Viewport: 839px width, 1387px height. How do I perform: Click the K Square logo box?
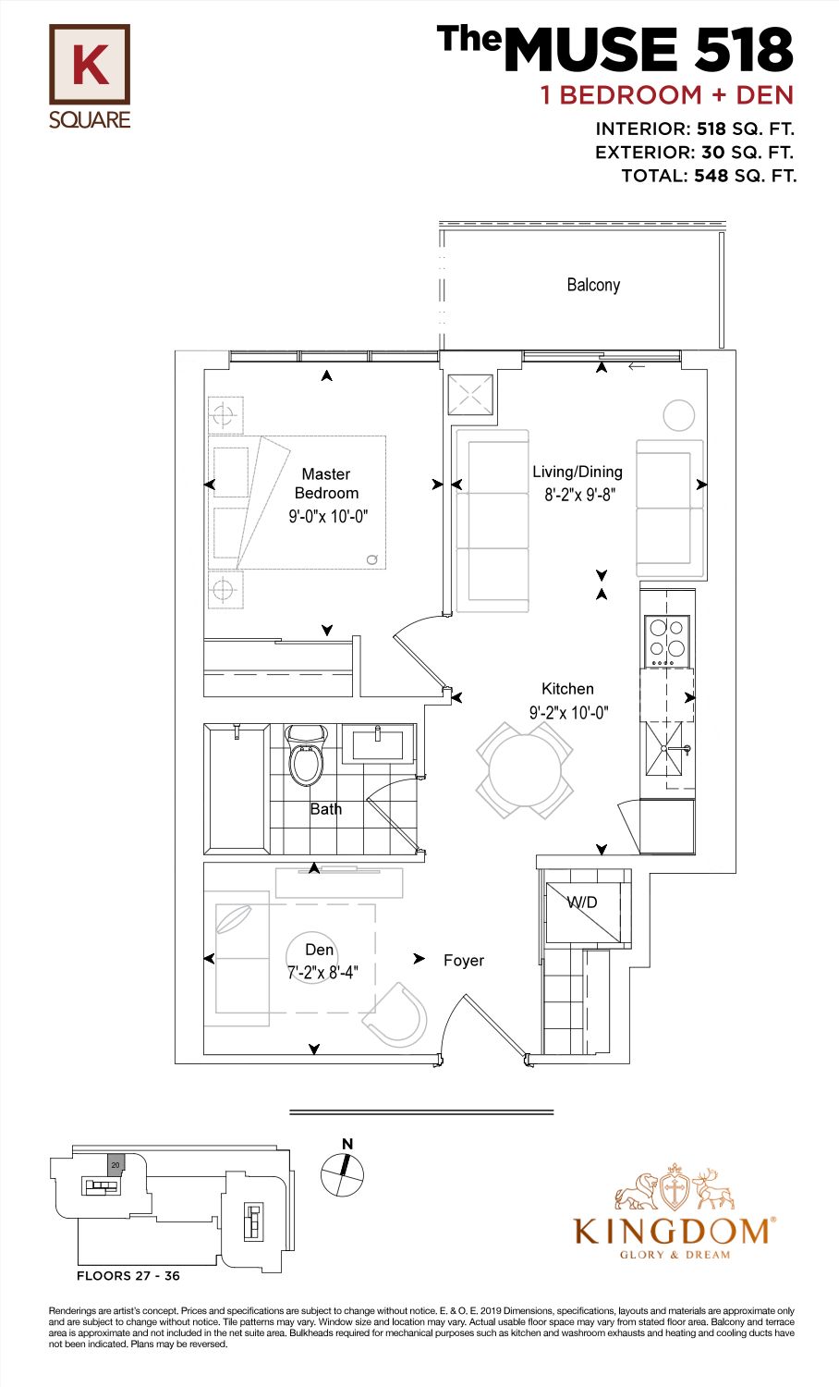point(90,65)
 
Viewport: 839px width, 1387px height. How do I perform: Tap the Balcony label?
point(593,285)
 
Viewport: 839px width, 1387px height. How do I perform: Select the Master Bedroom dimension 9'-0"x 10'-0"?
point(329,516)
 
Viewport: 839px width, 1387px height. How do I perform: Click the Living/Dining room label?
point(578,472)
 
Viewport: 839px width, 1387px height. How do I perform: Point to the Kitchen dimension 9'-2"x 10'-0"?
point(568,713)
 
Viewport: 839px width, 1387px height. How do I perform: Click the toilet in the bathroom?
point(306,755)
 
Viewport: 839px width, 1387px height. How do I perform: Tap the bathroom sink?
point(377,743)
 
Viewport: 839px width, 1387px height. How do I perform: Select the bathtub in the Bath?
point(237,790)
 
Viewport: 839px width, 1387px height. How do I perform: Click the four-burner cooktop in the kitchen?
point(666,641)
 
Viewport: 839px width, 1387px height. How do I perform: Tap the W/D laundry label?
point(582,902)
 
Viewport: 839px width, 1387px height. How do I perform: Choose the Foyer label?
point(464,961)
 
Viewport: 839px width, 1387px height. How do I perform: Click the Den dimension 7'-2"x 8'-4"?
point(322,972)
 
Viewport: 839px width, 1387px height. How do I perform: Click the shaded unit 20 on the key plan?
point(116,1162)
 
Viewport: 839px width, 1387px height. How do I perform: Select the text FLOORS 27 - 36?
point(128,1275)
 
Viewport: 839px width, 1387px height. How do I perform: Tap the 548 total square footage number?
point(711,176)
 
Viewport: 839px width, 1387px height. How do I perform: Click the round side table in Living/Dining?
point(679,415)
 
